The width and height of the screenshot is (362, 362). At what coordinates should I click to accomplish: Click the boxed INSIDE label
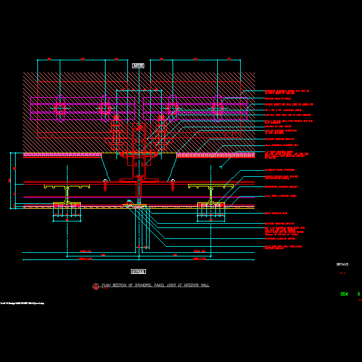coord(138,65)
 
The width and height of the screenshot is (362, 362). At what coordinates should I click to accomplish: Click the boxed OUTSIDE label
coord(138,271)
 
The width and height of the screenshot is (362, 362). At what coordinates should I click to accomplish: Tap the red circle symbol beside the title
coord(96,286)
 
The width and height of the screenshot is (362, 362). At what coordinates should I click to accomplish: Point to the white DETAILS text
coord(342,264)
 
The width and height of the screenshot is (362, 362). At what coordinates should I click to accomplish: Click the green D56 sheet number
coord(344,294)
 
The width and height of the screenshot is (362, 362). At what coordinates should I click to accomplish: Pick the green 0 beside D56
coord(358,294)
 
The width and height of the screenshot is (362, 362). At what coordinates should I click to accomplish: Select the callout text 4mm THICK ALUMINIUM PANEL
coord(281,196)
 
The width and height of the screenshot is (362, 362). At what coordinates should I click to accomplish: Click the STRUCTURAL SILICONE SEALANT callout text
coord(281,186)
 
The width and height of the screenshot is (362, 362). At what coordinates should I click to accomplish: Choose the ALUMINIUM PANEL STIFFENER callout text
coord(280,170)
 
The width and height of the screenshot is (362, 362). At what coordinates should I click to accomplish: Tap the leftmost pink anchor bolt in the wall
coord(60,108)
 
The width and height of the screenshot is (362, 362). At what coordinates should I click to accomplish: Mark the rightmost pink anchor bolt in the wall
coord(218,107)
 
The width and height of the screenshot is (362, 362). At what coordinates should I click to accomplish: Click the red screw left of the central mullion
coord(105,184)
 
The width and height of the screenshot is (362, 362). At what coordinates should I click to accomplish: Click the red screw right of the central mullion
coord(173,184)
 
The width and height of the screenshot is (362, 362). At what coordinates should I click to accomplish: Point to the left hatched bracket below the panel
coord(66,209)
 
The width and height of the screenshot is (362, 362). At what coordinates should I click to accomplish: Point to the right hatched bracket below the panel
coord(211,209)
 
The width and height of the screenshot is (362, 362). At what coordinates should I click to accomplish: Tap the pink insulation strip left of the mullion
coord(62,155)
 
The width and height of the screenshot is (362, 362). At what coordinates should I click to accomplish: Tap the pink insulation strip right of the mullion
coord(215,155)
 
